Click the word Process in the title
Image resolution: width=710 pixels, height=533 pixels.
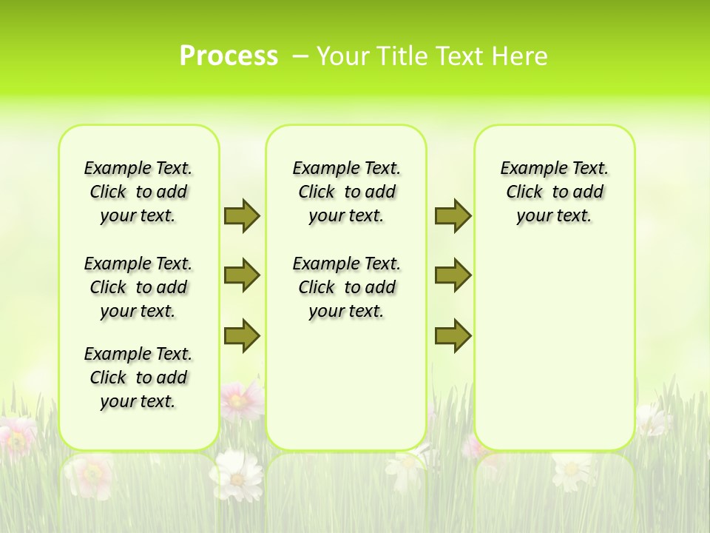(x=229, y=56)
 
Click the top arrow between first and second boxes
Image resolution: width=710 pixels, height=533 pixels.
(x=242, y=215)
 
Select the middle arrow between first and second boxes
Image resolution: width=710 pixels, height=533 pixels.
(x=242, y=275)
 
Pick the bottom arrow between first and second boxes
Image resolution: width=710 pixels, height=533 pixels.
(x=242, y=335)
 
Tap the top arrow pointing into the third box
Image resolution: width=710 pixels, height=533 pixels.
(x=453, y=215)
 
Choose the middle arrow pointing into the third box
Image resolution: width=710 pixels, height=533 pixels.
(x=453, y=275)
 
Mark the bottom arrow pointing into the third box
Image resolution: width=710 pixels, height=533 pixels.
(x=453, y=335)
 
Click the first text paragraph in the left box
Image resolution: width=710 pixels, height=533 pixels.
(x=138, y=192)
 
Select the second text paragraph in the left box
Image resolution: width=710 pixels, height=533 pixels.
(x=138, y=287)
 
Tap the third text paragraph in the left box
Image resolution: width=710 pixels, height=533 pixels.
(x=138, y=378)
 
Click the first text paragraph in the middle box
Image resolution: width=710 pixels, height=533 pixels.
(x=346, y=192)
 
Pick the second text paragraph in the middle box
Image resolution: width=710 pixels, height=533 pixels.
(x=346, y=287)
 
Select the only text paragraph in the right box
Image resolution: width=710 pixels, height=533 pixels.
(x=554, y=192)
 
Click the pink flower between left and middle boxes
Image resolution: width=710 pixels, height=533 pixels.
(x=240, y=400)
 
